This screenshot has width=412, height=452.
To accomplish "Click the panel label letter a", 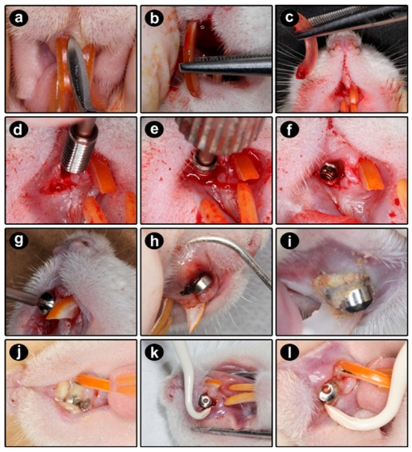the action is [18, 18].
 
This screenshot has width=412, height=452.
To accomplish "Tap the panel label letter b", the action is [154, 18].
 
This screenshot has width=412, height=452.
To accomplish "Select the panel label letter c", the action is [289, 18].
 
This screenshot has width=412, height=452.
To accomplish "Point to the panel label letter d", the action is [18, 130].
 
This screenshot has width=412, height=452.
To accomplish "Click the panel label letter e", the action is [154, 130].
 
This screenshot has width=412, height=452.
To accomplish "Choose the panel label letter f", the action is [289, 130].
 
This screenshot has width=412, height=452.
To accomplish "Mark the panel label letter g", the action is [18, 241].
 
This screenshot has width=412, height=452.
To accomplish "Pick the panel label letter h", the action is [154, 241].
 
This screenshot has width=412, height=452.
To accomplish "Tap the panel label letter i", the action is [289, 241].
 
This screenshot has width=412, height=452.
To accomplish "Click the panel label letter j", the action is [18, 352].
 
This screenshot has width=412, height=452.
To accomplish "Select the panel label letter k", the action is [154, 352].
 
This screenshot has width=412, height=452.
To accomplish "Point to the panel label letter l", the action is [289, 352].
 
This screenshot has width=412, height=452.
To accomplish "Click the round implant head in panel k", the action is [205, 401].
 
